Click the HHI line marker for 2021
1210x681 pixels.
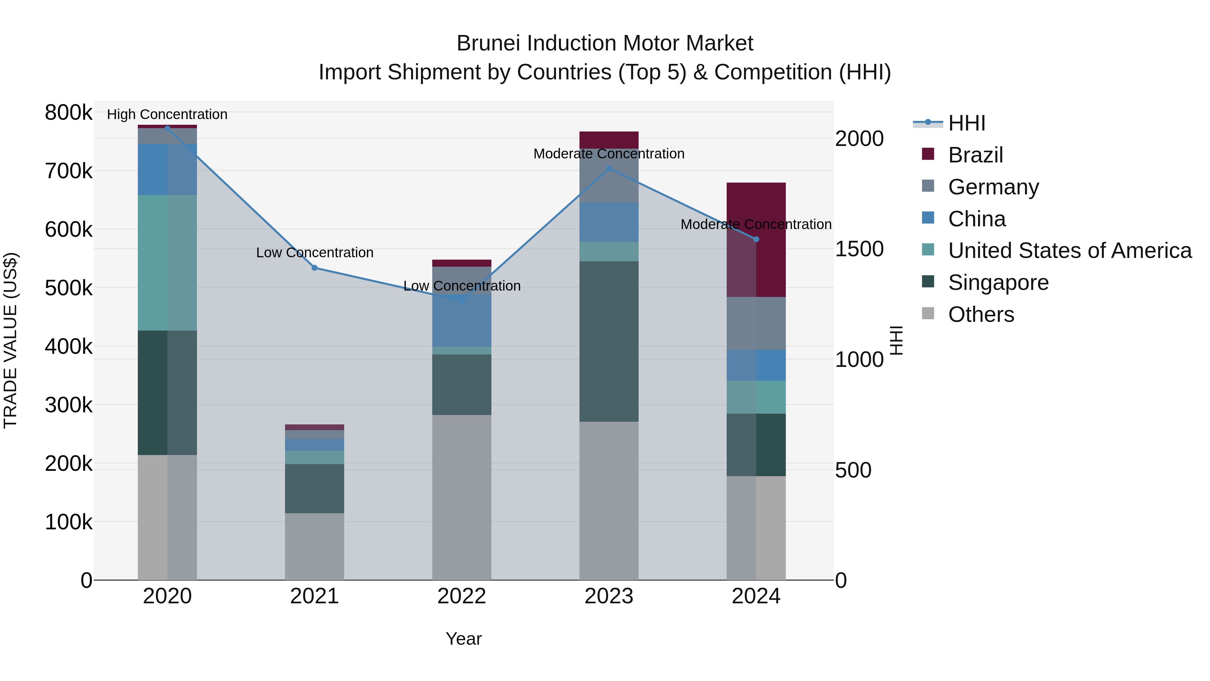coord(315,268)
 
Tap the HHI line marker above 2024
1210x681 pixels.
coord(756,239)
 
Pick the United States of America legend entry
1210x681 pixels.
coord(1069,251)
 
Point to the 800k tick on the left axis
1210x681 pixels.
coord(69,113)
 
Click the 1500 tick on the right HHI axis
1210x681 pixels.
coord(859,249)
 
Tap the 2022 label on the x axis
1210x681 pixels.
coord(462,596)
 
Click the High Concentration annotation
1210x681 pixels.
coord(167,114)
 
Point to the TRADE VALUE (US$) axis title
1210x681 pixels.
coord(10,340)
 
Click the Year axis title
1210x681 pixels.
coord(463,639)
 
